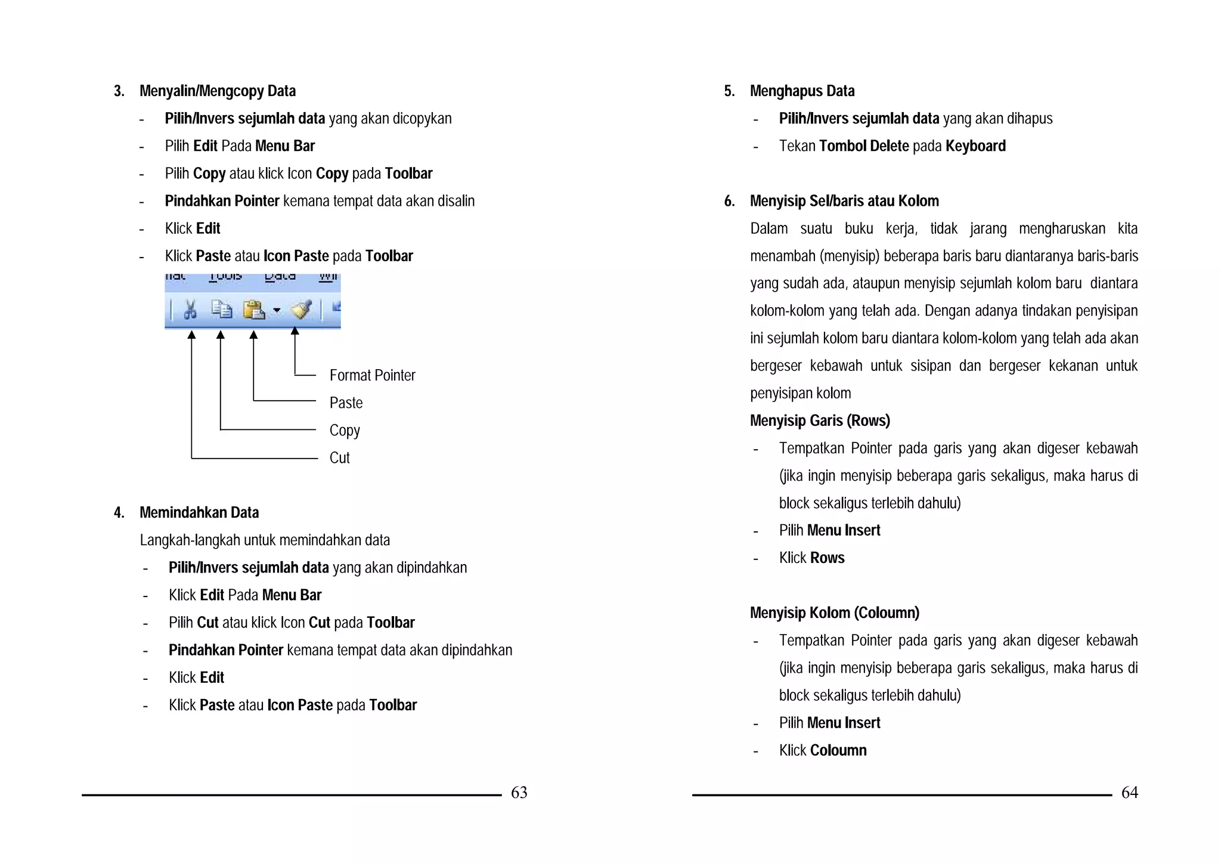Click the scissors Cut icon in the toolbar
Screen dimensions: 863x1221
pos(190,310)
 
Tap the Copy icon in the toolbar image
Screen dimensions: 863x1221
pos(222,310)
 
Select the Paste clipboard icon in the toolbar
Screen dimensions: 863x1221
pos(254,310)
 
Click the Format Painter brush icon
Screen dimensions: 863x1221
pos(301,310)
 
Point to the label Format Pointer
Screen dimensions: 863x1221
pos(372,375)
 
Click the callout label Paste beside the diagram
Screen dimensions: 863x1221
pos(346,403)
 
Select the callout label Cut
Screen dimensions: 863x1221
pos(339,457)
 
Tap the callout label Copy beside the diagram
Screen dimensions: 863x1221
pos(345,430)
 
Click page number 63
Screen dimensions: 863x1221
pos(519,792)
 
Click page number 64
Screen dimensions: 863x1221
pos(1129,792)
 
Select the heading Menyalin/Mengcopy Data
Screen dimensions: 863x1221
pos(217,91)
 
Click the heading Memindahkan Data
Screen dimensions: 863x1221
pos(199,512)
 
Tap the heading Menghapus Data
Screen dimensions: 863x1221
pos(802,91)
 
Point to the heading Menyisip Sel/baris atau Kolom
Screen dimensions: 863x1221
pos(844,201)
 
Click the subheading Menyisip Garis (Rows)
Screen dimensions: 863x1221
pos(820,420)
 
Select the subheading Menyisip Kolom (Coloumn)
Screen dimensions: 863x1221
pos(834,613)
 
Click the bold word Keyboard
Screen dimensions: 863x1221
pos(975,146)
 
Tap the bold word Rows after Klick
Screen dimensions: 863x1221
pos(828,558)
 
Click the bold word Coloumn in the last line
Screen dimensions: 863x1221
pos(838,750)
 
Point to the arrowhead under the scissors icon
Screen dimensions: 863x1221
pos(191,335)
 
